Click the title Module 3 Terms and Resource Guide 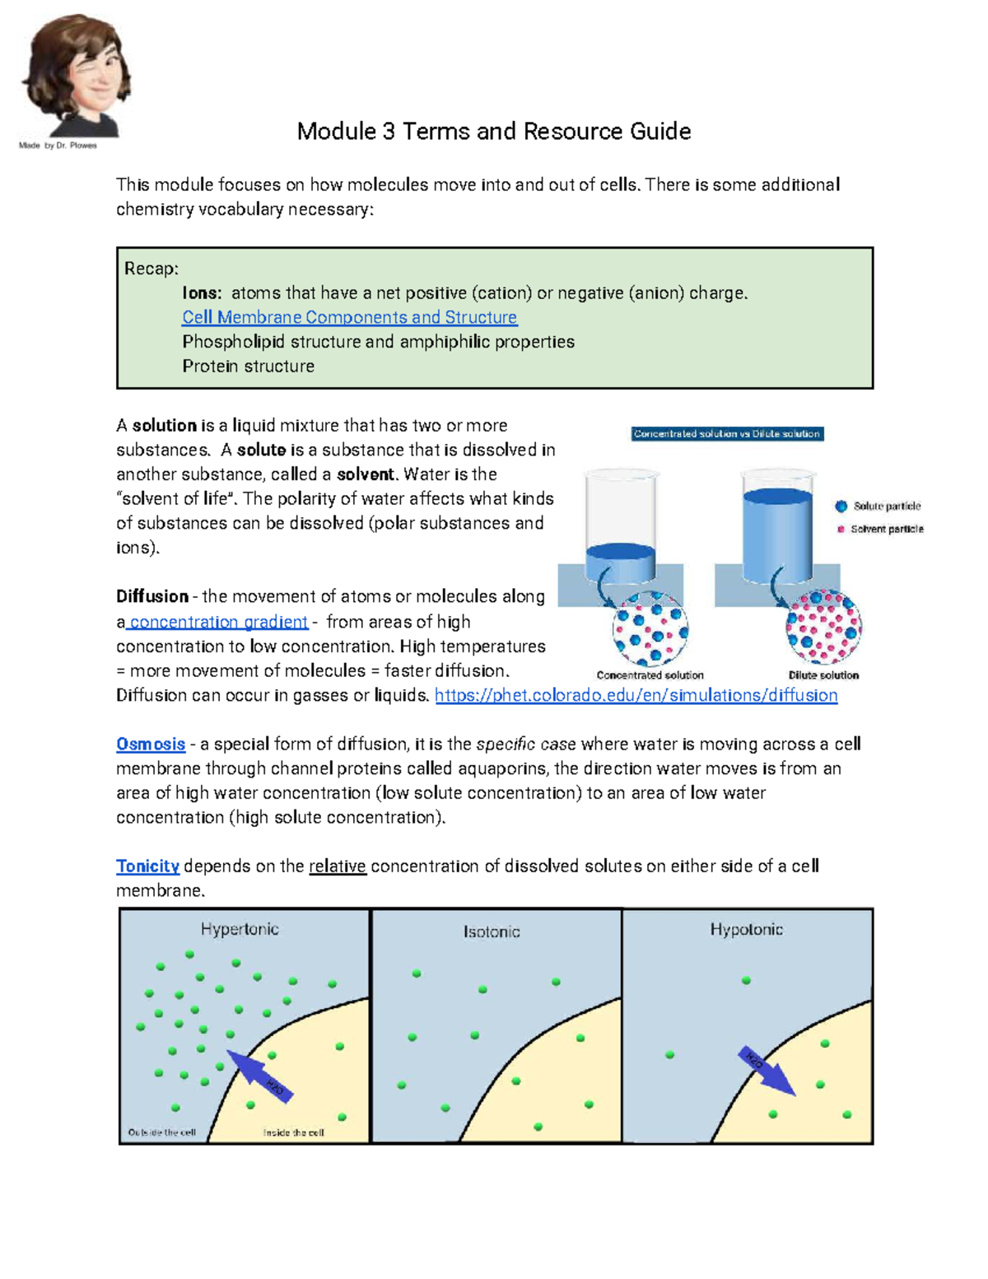coord(493,132)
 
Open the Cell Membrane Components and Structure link coord(349,318)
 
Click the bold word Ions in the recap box coord(202,293)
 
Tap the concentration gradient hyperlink coord(218,622)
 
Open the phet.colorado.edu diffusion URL coord(636,696)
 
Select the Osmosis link coord(151,745)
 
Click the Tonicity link coord(147,866)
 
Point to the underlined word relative coord(338,866)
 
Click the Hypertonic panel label coord(240,930)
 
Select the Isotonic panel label coord(492,932)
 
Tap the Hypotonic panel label coord(746,930)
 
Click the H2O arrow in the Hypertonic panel coord(259,1076)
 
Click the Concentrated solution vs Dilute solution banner coord(727,434)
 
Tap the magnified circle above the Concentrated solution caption coord(650,629)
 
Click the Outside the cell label coord(162,1132)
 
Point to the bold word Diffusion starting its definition coord(152,597)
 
